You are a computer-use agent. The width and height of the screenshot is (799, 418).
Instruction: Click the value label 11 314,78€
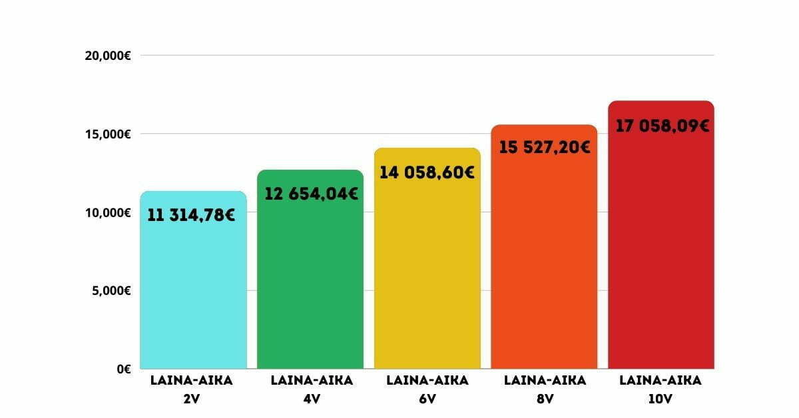[x=191, y=216]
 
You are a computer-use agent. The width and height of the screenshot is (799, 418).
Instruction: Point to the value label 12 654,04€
[x=311, y=194]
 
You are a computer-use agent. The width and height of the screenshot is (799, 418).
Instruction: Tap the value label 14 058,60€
[x=427, y=173]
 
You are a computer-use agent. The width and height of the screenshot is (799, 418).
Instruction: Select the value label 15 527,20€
[x=545, y=147]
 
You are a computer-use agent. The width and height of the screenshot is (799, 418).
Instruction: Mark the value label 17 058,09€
[x=662, y=126]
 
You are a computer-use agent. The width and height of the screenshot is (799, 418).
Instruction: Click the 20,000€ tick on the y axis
[x=107, y=56]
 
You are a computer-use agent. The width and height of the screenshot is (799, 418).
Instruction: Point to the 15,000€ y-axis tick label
[x=107, y=134]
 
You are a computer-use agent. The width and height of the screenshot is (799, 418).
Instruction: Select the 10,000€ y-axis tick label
[x=107, y=213]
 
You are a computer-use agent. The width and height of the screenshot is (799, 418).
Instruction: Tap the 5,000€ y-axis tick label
[x=110, y=291]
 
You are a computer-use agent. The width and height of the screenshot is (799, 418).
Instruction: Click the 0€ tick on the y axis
[x=123, y=369]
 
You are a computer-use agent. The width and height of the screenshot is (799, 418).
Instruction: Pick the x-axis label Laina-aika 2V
[x=192, y=389]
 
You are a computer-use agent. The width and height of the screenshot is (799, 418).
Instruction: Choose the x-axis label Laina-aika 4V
[x=312, y=389]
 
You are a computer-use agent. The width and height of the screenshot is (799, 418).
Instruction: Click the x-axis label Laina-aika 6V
[x=427, y=389]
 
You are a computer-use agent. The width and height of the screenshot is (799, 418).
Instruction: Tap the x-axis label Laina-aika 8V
[x=545, y=389]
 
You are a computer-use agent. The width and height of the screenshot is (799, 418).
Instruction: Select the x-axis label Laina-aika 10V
[x=661, y=389]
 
